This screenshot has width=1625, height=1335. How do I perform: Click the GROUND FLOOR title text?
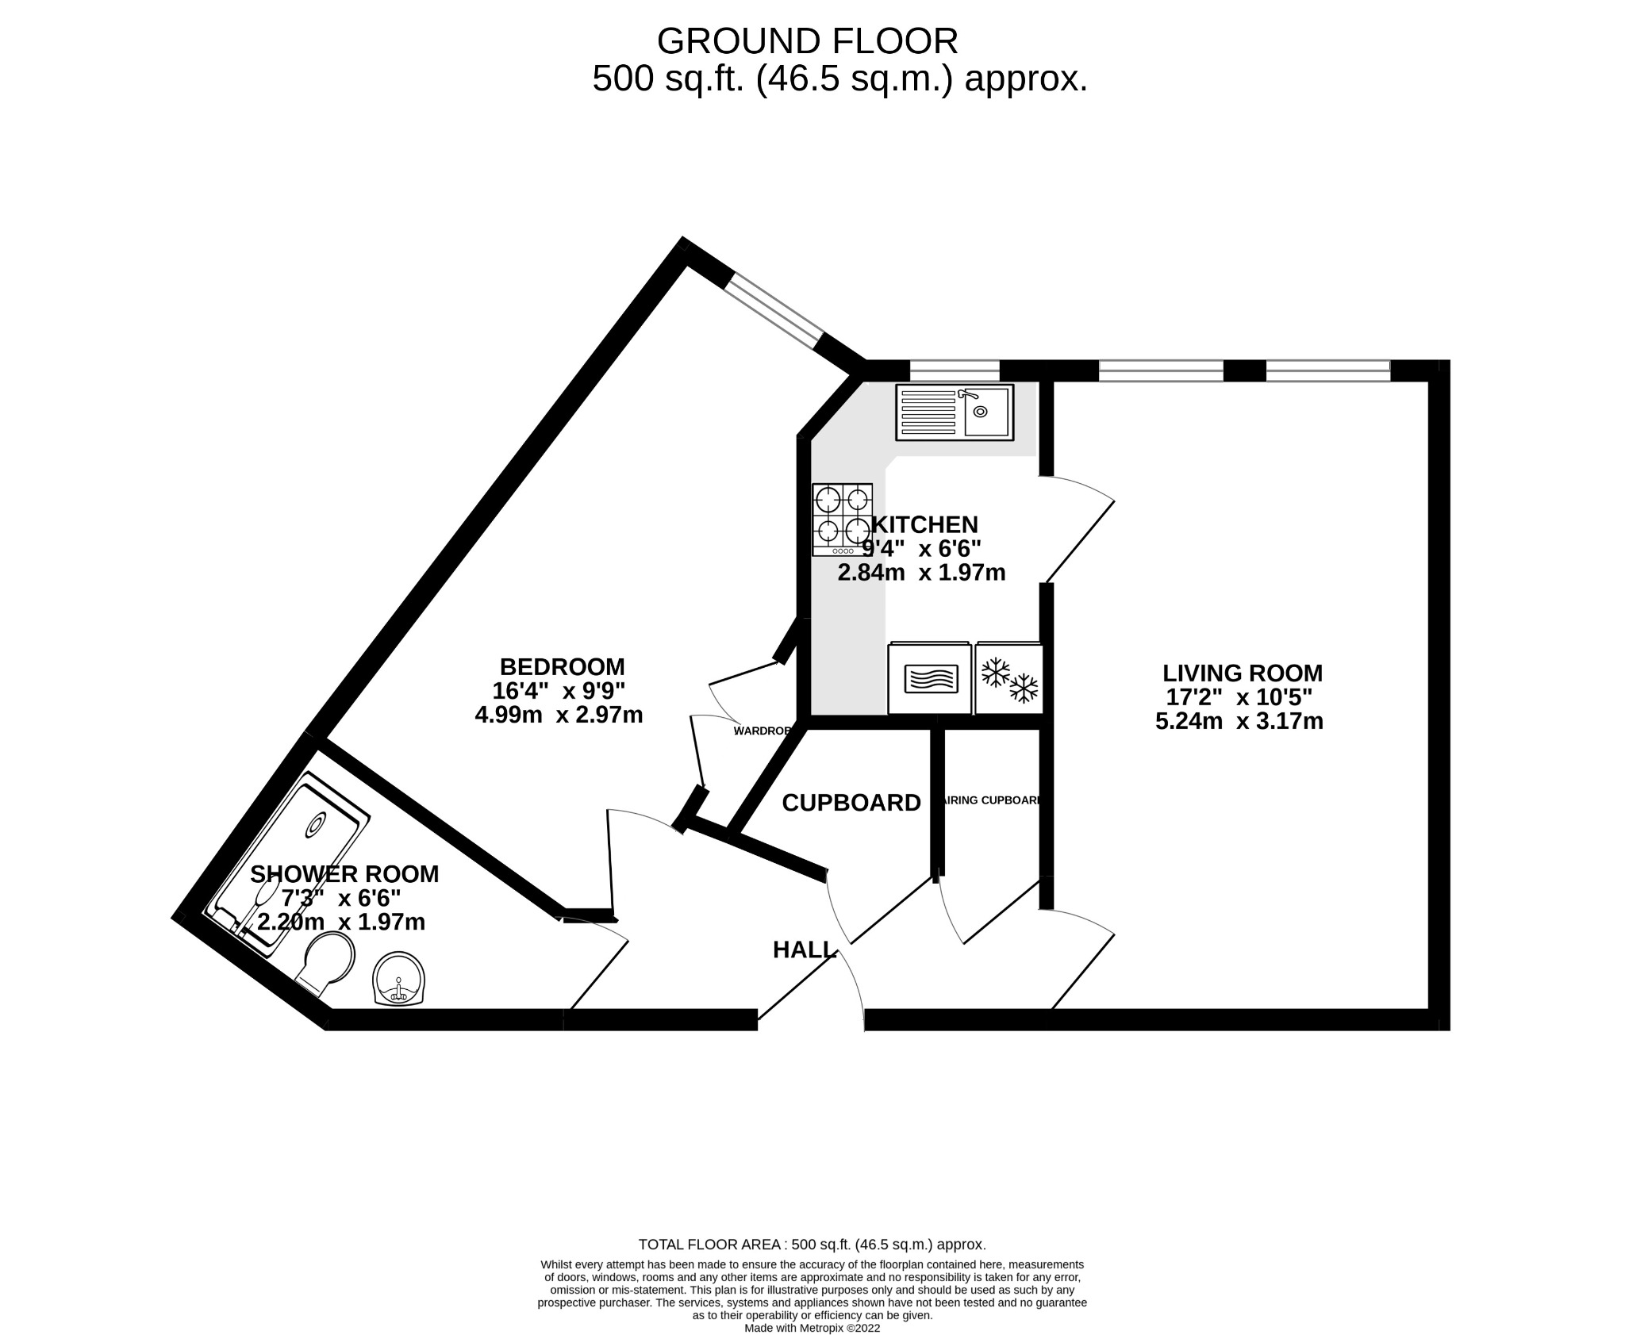807,41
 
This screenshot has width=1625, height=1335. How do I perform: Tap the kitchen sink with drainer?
955,412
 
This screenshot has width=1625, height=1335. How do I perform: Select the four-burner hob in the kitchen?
842,520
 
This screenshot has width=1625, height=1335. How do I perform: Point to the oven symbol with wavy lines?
930,679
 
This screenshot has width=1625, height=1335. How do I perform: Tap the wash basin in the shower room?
399,980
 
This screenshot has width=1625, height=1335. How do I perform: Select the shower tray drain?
316,826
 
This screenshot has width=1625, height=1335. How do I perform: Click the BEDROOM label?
562,666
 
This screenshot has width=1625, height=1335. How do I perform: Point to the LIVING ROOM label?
1242,673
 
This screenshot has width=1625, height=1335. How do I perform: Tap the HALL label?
804,949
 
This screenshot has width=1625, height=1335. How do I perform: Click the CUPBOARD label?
851,803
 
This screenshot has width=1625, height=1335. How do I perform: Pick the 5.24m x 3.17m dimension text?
1239,722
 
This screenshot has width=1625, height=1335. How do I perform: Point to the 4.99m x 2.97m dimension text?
559,715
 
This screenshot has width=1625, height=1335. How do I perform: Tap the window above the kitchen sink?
954,370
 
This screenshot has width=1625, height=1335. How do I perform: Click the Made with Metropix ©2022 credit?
812,1328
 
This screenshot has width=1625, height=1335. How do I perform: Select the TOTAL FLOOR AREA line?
812,1267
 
